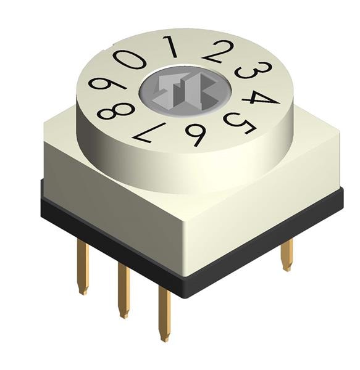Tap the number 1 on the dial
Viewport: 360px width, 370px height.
tap(170, 47)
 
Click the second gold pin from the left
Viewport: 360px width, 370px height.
tap(123, 293)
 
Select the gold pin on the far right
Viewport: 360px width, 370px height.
tap(286, 254)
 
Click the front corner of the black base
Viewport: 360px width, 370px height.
tap(184, 290)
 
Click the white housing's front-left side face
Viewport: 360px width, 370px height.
tap(111, 203)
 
